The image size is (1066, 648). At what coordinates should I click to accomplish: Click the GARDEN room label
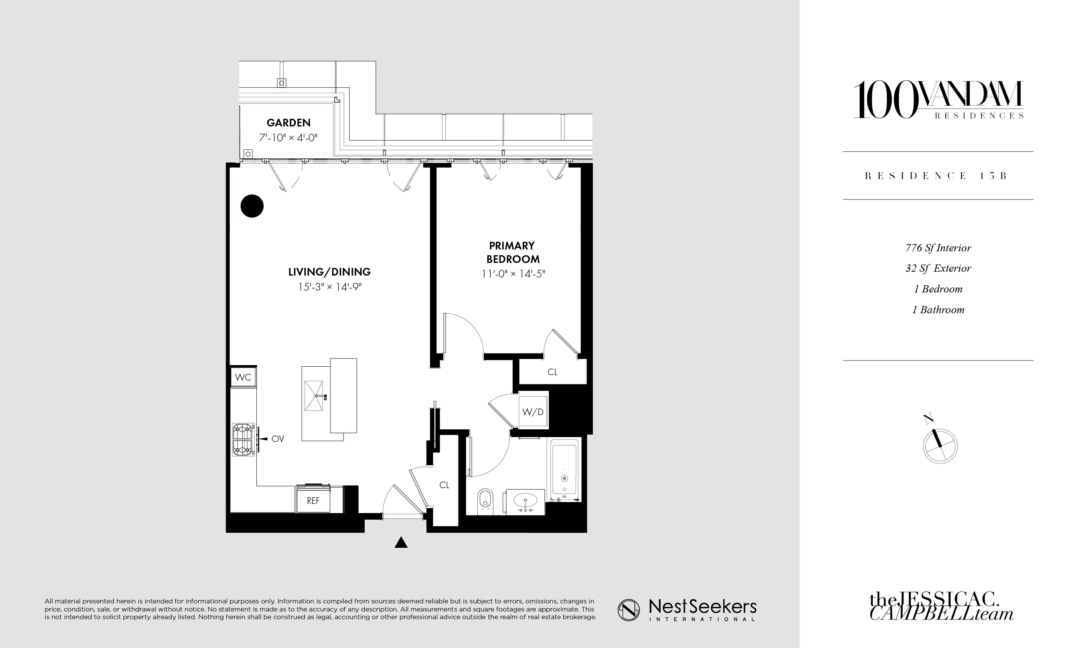[x=288, y=123]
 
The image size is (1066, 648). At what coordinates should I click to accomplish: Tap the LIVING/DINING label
[x=329, y=272]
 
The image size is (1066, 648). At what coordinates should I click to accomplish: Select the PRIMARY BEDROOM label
[x=513, y=253]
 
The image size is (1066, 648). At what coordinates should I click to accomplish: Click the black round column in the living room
[x=252, y=206]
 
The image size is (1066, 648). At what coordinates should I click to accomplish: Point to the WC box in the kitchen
[x=243, y=377]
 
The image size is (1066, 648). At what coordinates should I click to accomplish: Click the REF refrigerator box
[x=313, y=500]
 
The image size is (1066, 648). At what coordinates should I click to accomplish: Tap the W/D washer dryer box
[x=533, y=412]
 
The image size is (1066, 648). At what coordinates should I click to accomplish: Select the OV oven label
[x=278, y=439]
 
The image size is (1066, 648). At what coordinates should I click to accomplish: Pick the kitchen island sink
[x=314, y=396]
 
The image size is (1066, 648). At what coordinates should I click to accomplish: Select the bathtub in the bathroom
[x=564, y=469]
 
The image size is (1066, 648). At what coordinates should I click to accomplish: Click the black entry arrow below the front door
[x=401, y=542]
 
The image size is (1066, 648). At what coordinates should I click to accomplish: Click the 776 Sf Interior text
[x=938, y=248]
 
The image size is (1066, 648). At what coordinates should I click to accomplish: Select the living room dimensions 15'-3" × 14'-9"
[x=330, y=287]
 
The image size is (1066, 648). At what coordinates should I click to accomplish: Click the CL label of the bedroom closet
[x=553, y=372]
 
